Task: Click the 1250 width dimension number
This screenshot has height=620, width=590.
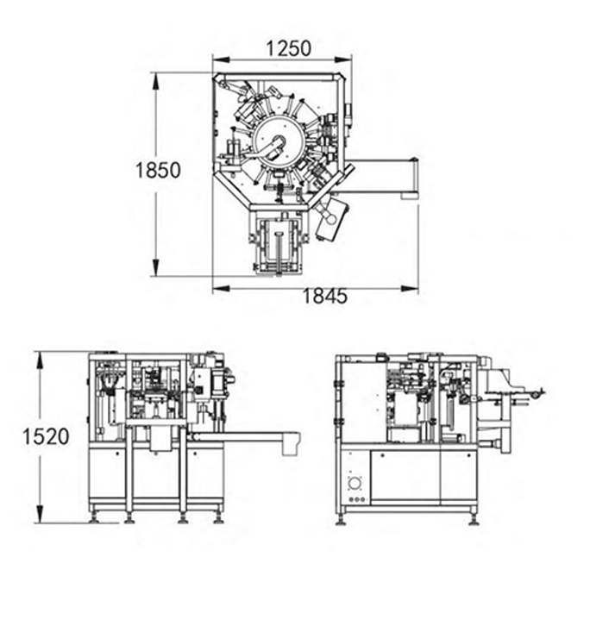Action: tap(288, 48)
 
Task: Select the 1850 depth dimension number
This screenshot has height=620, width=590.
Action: tap(157, 170)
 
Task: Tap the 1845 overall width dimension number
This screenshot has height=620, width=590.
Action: tap(324, 297)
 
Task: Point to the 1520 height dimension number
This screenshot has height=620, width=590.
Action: tap(46, 436)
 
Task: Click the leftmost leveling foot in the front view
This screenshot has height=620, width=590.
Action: tap(95, 517)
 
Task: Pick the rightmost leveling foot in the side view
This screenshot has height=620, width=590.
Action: tap(474, 517)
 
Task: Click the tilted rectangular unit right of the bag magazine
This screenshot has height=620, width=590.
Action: tap(331, 219)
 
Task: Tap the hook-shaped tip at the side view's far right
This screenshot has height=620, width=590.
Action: tap(538, 394)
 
